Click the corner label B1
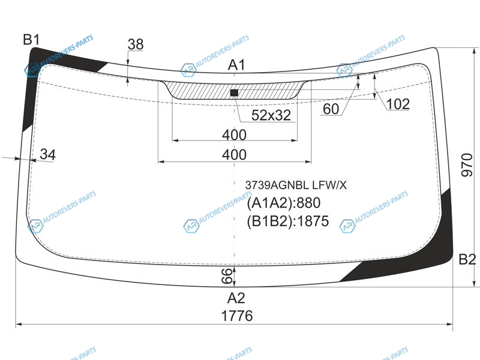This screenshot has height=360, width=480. click(31, 40)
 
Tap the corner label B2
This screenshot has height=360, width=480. click(467, 260)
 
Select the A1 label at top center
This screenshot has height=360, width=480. click(236, 65)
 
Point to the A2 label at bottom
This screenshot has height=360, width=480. click(236, 298)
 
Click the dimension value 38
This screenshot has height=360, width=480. click(136, 44)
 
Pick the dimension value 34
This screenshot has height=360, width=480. click(48, 155)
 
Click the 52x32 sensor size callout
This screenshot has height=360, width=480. click(271, 115)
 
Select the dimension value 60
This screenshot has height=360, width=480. click(331, 109)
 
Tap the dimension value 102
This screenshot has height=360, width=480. click(398, 104)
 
